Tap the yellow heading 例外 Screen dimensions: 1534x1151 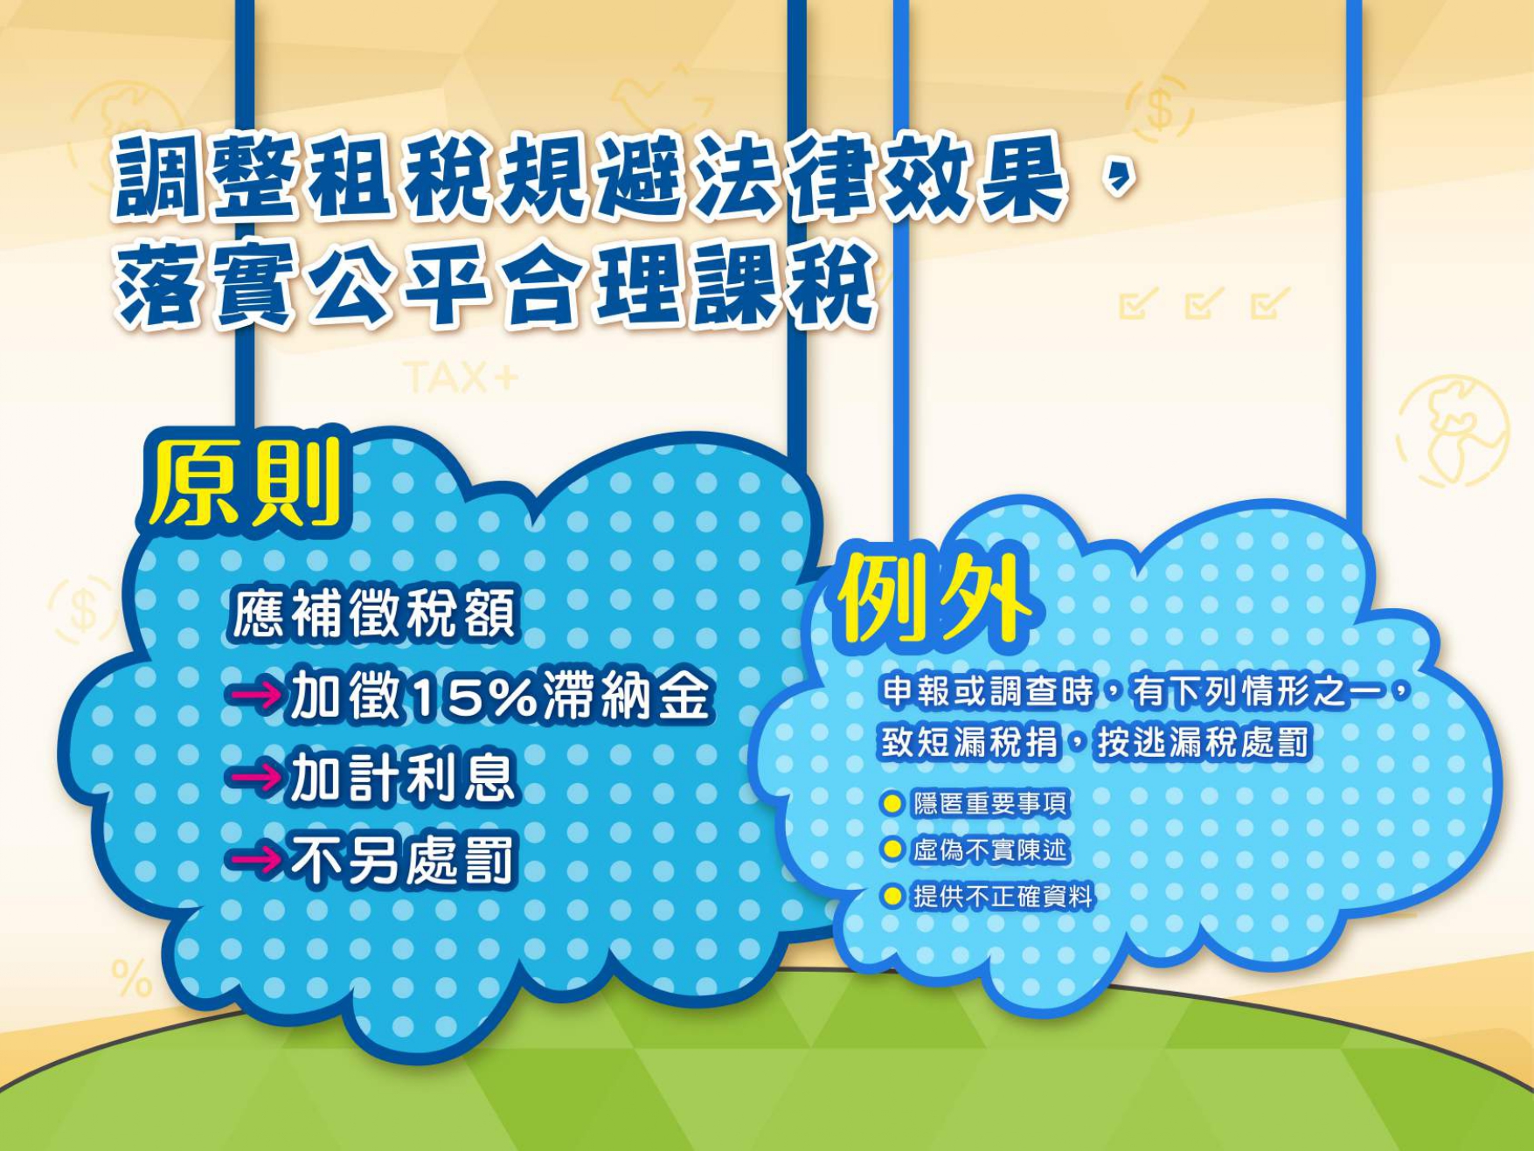point(933,597)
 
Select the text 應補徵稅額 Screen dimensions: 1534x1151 point(375,613)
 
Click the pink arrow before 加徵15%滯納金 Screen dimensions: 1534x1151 point(256,696)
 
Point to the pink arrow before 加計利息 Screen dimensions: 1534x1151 point(256,777)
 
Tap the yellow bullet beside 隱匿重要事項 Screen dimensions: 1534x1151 point(892,803)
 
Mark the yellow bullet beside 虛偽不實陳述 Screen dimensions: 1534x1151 point(892,849)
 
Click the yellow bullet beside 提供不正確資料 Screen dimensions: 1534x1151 point(892,896)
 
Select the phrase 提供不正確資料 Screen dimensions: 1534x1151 point(1003,896)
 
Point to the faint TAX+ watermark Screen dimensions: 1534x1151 point(461,378)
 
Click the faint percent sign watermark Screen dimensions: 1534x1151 point(131,978)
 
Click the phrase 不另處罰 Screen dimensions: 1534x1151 point(401,860)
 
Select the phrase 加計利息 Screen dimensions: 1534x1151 point(401,777)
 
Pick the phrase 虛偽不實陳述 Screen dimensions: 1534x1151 point(990,849)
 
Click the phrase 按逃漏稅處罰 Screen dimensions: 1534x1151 point(1204,743)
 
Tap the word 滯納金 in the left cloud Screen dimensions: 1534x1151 point(626,697)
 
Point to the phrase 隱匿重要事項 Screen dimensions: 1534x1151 point(990,803)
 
